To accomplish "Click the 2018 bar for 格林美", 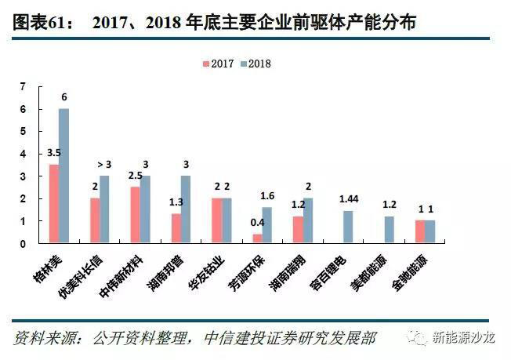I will [64, 176].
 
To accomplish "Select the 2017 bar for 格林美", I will [54, 204].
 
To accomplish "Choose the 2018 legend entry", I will [254, 64].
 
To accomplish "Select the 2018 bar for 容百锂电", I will [348, 227].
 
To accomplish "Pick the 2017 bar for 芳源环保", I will [257, 238].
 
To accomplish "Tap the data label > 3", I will [104, 164].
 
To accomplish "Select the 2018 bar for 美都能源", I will [389, 230].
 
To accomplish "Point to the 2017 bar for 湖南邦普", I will [176, 228].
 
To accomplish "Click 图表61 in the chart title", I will [38, 24].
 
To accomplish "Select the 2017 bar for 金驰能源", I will [419, 232].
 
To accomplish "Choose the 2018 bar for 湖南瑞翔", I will [308, 220].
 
